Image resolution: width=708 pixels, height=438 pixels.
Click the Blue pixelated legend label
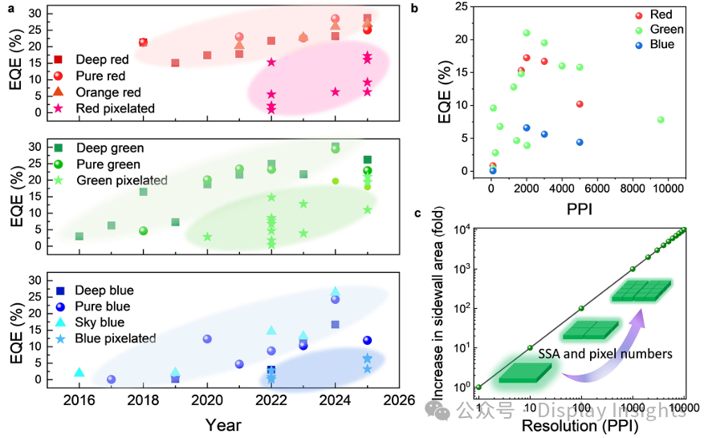click(116, 339)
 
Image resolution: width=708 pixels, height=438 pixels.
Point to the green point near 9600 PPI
click(661, 120)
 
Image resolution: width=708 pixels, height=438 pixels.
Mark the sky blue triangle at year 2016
click(79, 372)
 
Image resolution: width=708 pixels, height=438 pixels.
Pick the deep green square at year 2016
click(79, 236)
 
